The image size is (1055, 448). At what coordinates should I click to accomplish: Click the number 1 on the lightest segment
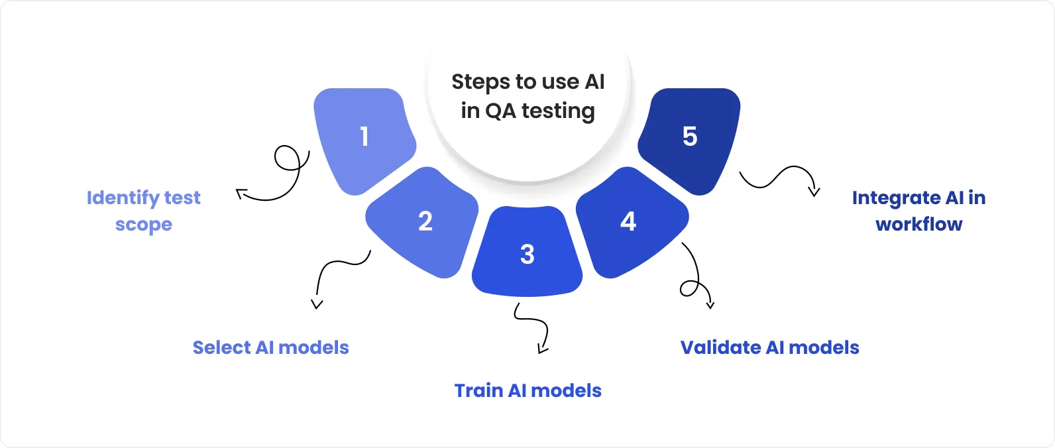pyautogui.click(x=364, y=137)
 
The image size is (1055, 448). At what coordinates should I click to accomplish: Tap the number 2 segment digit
pyautogui.click(x=425, y=221)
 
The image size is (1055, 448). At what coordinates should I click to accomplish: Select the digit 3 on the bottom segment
pyautogui.click(x=527, y=254)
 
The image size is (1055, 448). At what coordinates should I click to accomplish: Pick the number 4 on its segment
pyautogui.click(x=628, y=221)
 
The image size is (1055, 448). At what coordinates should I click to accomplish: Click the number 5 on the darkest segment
pyautogui.click(x=690, y=137)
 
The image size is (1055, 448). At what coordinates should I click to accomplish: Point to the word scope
pyautogui.click(x=144, y=225)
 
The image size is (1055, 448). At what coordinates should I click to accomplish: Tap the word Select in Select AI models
pyautogui.click(x=221, y=348)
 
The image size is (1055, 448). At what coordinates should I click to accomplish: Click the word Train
pyautogui.click(x=478, y=391)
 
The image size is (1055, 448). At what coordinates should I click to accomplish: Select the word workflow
pyautogui.click(x=919, y=225)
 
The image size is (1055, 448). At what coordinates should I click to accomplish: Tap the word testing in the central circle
pyautogui.click(x=558, y=111)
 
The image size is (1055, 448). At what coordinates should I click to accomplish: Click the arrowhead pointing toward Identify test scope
pyautogui.click(x=241, y=194)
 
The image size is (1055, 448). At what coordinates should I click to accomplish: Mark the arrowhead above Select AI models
pyautogui.click(x=317, y=305)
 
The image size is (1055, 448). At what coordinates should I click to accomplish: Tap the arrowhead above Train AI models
pyautogui.click(x=542, y=349)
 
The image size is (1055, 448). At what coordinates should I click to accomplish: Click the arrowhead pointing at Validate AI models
pyautogui.click(x=710, y=305)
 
